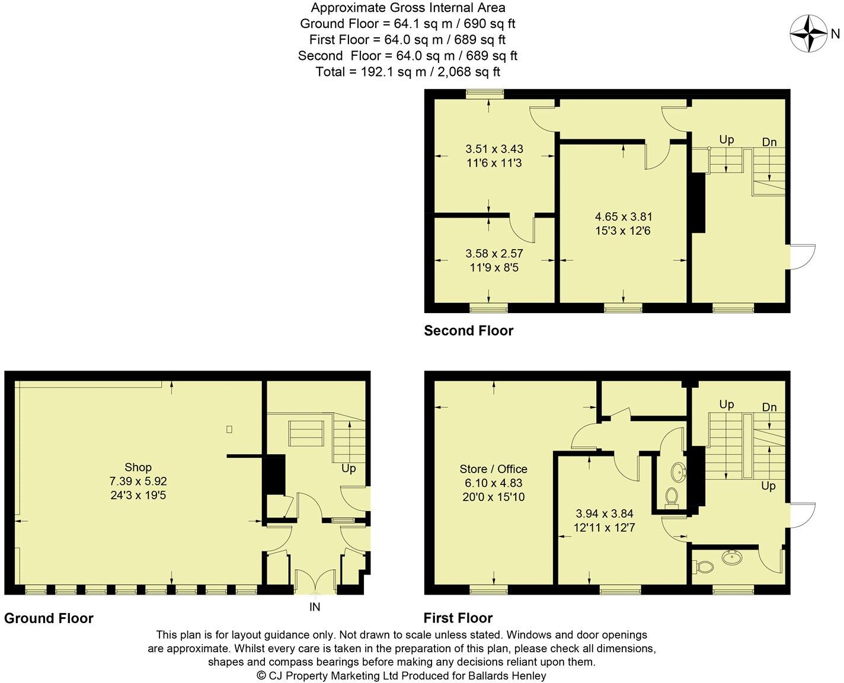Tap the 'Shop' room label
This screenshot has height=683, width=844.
[x=138, y=468]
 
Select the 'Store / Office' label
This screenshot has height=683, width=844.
[x=493, y=469]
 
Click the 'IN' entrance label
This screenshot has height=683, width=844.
[x=314, y=607]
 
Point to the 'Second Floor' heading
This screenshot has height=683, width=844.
[x=468, y=331]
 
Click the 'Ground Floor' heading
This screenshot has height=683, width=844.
[x=49, y=618]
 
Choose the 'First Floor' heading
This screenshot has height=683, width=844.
[x=458, y=618]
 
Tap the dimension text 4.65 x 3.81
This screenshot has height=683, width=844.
[x=624, y=217]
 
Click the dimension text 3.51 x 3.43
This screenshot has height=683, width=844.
[x=494, y=149]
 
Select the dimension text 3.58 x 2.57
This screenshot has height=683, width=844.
[x=494, y=254]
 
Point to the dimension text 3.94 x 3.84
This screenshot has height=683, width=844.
[x=605, y=513]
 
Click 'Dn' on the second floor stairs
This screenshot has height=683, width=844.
[x=769, y=142]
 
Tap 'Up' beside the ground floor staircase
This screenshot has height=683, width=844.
[x=349, y=468]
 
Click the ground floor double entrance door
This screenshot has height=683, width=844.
[x=314, y=582]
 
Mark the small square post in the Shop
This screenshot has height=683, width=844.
[x=229, y=429]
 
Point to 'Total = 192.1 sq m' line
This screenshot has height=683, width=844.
[x=408, y=72]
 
